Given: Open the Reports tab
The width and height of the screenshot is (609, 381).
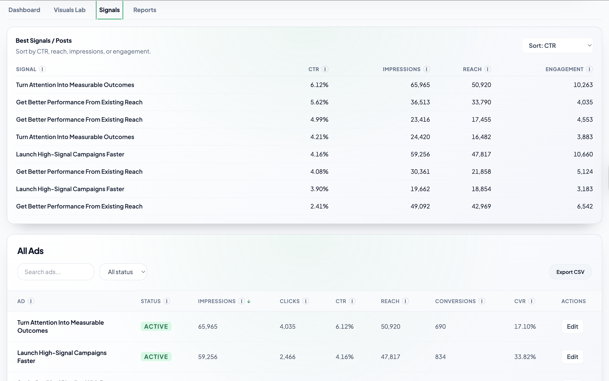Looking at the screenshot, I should pyautogui.click(x=145, y=10).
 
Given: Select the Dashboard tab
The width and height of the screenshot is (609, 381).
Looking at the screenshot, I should pyautogui.click(x=24, y=10).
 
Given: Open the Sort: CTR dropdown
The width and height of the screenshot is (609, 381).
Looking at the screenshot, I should pyautogui.click(x=557, y=46).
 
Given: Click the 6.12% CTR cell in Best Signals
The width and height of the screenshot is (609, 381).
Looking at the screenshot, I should pyautogui.click(x=319, y=85).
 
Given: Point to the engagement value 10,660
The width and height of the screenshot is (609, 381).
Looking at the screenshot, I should pyautogui.click(x=583, y=154).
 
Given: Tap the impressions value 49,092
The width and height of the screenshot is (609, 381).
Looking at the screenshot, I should pyautogui.click(x=420, y=206).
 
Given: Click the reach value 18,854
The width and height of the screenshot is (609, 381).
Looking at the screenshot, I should pyautogui.click(x=481, y=189).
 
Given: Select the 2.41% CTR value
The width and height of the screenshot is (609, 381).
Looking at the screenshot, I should pyautogui.click(x=319, y=206).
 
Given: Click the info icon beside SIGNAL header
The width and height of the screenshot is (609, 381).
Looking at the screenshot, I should pyautogui.click(x=43, y=69).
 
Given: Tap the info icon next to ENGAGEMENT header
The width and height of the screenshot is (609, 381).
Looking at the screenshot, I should pyautogui.click(x=589, y=69).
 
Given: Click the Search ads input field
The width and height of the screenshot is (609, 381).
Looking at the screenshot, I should pyautogui.click(x=56, y=272).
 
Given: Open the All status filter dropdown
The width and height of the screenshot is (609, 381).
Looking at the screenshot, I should pyautogui.click(x=123, y=272).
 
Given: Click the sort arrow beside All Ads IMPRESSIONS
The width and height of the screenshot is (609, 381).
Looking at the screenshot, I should pyautogui.click(x=249, y=301).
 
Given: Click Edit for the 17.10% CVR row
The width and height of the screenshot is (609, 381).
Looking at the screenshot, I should pyautogui.click(x=572, y=327).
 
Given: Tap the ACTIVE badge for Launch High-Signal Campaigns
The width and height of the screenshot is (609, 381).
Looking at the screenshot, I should pyautogui.click(x=156, y=357).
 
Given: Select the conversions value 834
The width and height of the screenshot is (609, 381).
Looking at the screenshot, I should pyautogui.click(x=440, y=357).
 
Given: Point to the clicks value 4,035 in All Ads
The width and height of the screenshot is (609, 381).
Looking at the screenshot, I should pyautogui.click(x=287, y=327).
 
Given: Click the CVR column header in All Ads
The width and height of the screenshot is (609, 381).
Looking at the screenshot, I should pyautogui.click(x=520, y=301).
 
